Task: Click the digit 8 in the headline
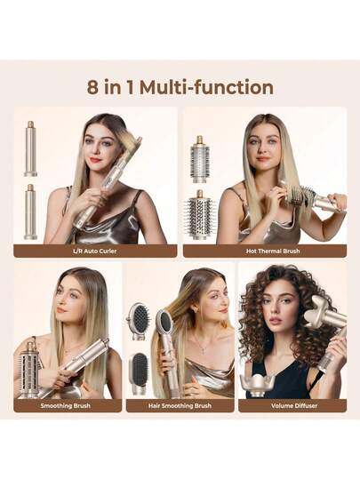(92, 87)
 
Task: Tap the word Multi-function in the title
(206, 87)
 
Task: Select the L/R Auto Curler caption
(95, 251)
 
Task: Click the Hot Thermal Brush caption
(273, 251)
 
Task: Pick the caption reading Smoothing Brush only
(66, 406)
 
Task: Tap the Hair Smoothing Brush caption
(180, 406)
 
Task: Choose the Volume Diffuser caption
(294, 406)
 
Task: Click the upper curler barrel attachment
(30, 148)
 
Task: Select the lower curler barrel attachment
(30, 212)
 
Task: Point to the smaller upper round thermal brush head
(200, 159)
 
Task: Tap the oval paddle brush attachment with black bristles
(139, 321)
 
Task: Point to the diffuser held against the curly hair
(324, 311)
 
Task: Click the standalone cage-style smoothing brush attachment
(29, 370)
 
